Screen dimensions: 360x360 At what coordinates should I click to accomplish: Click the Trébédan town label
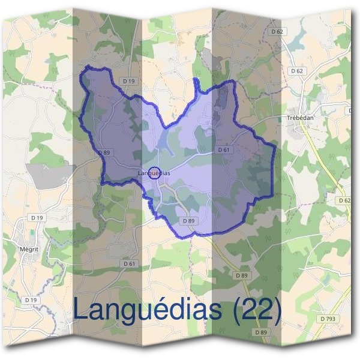pos(301,118)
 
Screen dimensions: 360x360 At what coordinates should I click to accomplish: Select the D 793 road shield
pos(328,319)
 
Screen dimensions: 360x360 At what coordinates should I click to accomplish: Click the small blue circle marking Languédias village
pos(154,173)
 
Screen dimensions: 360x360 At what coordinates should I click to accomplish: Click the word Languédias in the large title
pos(149,310)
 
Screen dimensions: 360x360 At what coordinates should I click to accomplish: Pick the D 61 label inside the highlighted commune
pos(223,149)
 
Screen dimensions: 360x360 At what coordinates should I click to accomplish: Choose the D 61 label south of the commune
pos(129,263)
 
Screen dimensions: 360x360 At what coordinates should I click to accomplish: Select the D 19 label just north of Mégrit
pos(37,217)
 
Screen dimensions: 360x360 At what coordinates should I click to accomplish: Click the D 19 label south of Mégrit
pos(31,299)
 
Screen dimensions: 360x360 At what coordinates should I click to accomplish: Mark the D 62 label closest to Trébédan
pos(297,70)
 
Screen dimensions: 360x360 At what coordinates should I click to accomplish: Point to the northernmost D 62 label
pos(277,31)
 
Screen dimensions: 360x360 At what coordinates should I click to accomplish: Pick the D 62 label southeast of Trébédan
pos(344,200)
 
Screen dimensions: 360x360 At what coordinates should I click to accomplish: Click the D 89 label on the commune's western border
pos(103,152)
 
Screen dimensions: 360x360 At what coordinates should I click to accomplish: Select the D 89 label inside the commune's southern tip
pos(188,221)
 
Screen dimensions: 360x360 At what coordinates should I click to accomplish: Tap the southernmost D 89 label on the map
pos(260,332)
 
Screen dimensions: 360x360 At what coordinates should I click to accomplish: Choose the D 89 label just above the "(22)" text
pos(241,275)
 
